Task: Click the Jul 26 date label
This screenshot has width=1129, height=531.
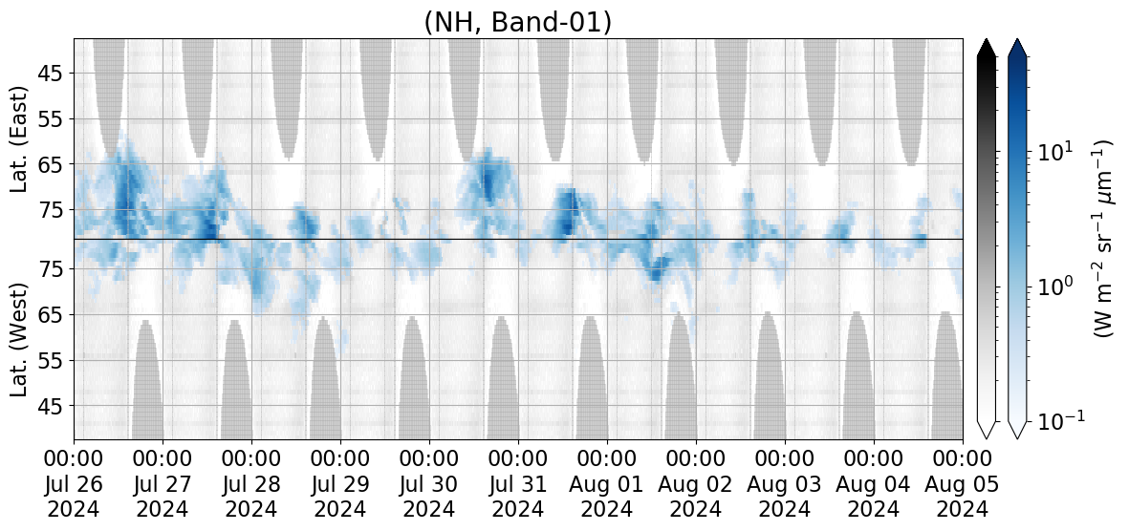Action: (75, 484)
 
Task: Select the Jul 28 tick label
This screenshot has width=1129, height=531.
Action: (252, 484)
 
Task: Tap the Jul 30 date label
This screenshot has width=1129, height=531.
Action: (430, 484)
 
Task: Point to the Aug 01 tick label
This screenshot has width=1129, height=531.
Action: (608, 484)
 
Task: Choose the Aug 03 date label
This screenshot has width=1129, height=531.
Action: (786, 484)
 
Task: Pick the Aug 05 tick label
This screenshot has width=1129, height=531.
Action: (964, 484)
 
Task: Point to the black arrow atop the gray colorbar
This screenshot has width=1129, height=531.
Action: (987, 48)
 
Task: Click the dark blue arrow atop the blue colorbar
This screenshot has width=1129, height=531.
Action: (1018, 48)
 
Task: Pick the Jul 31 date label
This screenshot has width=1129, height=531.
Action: (519, 484)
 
